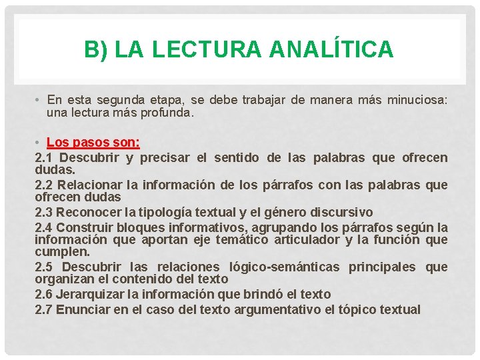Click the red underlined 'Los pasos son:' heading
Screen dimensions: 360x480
tap(94, 143)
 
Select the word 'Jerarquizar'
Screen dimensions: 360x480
tap(91, 294)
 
